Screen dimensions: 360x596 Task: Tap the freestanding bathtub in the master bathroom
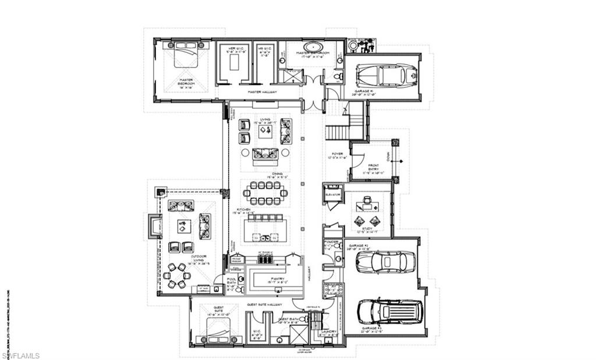click(x=312, y=46)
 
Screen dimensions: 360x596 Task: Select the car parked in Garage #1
click(x=386, y=74)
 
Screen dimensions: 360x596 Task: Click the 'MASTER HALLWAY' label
click(x=262, y=92)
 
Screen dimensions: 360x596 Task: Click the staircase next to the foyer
click(x=337, y=132)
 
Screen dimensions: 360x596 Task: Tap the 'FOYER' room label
click(x=338, y=155)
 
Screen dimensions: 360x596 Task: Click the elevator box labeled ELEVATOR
click(x=333, y=194)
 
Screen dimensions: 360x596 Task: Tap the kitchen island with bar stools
click(x=265, y=229)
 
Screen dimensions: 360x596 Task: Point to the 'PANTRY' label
click(x=274, y=280)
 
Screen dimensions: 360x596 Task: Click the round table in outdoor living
click(x=175, y=275)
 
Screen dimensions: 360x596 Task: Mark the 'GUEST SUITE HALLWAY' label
click(x=264, y=304)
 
